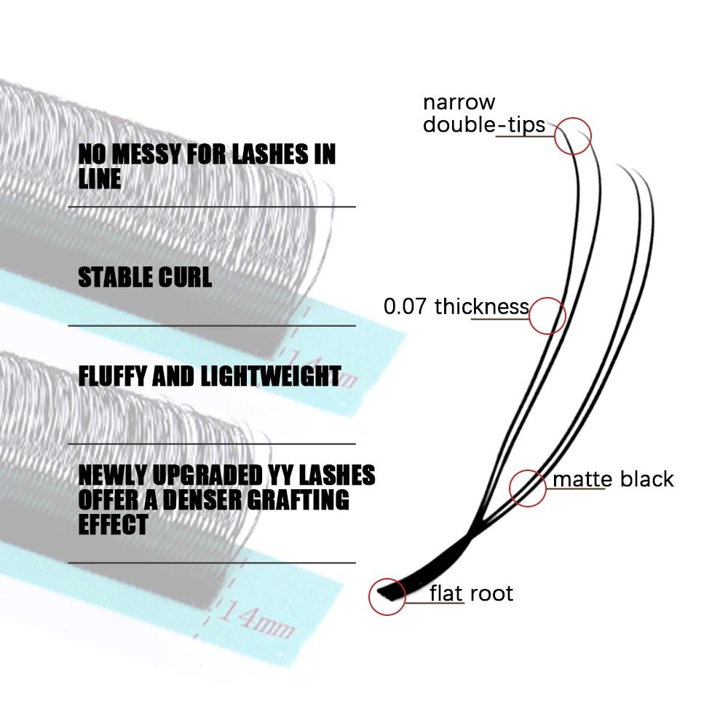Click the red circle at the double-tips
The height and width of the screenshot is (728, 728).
[572, 136]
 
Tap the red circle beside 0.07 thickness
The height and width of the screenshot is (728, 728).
[547, 316]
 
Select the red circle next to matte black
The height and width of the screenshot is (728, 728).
[528, 487]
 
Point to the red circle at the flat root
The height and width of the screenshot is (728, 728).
[387, 597]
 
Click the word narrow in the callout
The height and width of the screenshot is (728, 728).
[459, 103]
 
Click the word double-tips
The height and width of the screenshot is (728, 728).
[484, 125]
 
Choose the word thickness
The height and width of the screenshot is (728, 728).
[481, 306]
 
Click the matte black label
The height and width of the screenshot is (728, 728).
[613, 479]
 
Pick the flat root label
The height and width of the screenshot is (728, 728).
[471, 593]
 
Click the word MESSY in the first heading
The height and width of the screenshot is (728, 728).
[151, 154]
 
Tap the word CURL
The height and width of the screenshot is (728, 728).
[191, 277]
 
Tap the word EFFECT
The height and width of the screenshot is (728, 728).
[113, 524]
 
